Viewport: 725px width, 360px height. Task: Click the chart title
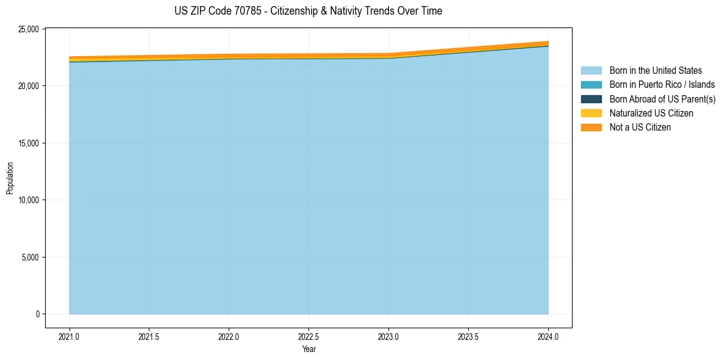pyautogui.click(x=308, y=11)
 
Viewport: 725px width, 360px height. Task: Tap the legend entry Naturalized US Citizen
pyautogui.click(x=651, y=113)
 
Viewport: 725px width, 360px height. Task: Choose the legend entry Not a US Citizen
pyautogui.click(x=640, y=127)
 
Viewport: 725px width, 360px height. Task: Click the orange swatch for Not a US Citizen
pyautogui.click(x=591, y=127)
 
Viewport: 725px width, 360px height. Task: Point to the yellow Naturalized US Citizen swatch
pyautogui.click(x=591, y=113)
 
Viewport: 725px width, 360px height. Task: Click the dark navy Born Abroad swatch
pyautogui.click(x=591, y=99)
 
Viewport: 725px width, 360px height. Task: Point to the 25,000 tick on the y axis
pyautogui.click(x=29, y=29)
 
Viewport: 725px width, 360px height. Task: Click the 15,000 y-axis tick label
pyautogui.click(x=29, y=143)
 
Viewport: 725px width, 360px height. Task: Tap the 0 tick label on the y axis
pyautogui.click(x=37, y=314)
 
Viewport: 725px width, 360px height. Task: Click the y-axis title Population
pyautogui.click(x=10, y=178)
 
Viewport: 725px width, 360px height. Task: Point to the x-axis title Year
pyautogui.click(x=309, y=349)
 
